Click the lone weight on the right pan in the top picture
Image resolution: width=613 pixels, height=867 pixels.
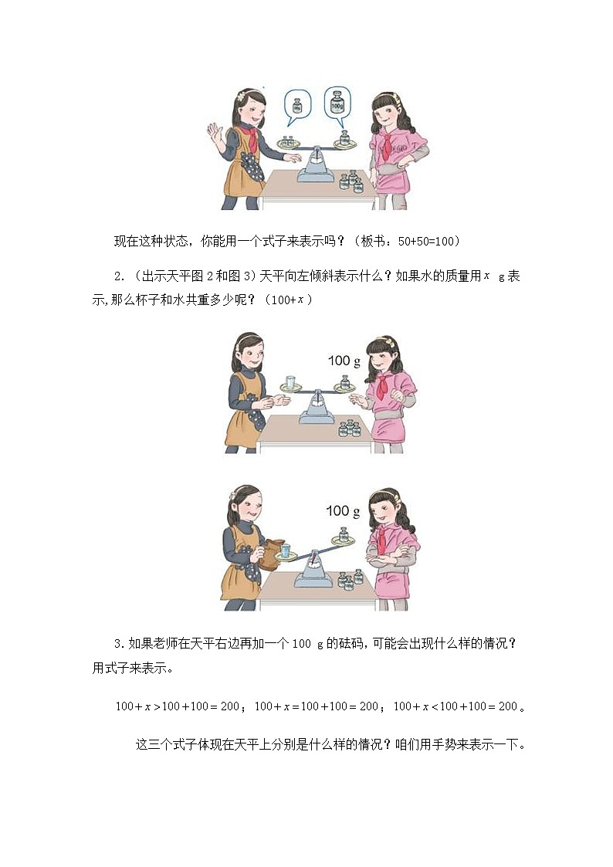(x=344, y=139)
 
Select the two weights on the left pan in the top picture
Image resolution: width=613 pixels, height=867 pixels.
(x=288, y=141)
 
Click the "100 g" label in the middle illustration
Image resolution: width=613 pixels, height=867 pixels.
(x=344, y=361)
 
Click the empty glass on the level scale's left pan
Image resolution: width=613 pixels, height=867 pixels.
(x=290, y=382)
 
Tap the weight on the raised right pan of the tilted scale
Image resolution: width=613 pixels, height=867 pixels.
(x=344, y=534)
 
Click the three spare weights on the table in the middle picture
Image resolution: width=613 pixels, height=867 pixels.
(x=350, y=428)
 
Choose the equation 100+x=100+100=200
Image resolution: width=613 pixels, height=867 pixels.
(x=317, y=706)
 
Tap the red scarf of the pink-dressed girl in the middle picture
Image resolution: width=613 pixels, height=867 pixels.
(x=381, y=385)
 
